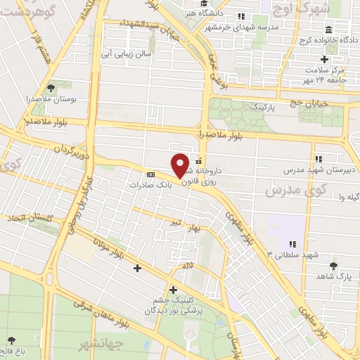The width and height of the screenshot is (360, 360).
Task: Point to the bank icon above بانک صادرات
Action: click(150, 174)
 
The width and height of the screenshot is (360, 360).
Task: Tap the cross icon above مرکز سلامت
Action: click(323, 59)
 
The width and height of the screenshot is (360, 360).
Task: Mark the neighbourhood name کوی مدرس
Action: click(288, 191)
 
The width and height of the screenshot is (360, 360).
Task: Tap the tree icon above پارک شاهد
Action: click(333, 266)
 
